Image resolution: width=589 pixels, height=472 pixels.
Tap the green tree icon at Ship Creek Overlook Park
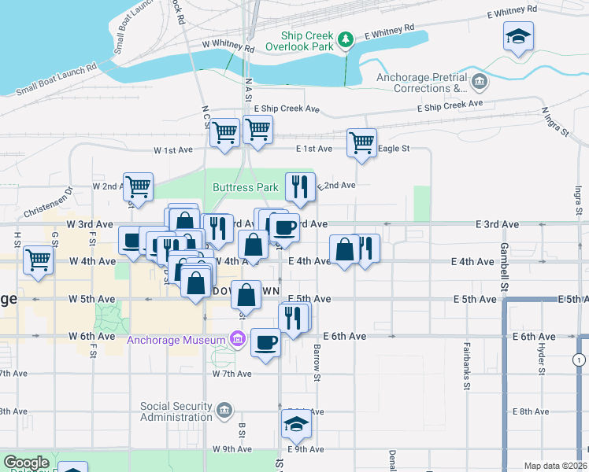click(x=345, y=39)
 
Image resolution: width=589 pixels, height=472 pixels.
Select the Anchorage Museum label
click(x=178, y=340)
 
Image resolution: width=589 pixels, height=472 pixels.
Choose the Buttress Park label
click(x=245, y=187)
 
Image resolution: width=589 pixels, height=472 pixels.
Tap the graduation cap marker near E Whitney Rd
click(x=518, y=37)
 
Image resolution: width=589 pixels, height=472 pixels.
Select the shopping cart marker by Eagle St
click(x=361, y=143)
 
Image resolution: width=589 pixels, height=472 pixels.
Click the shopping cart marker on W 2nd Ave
click(x=138, y=187)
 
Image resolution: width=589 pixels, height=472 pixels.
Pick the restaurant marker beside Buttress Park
click(x=299, y=186)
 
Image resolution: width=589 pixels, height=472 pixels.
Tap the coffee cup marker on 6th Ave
click(x=265, y=343)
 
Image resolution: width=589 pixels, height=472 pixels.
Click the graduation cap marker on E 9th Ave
click(x=296, y=424)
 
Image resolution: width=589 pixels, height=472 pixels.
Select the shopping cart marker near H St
click(x=38, y=260)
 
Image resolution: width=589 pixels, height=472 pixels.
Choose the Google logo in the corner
click(x=27, y=463)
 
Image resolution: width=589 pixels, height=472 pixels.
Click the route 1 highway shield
click(x=580, y=360)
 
